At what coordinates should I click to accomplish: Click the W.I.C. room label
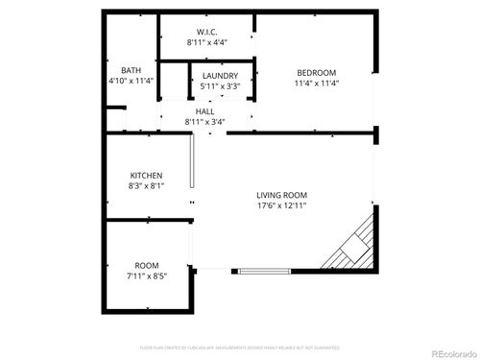(x=206, y=32)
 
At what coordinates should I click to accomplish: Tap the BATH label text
(x=131, y=70)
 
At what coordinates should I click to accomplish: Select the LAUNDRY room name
(x=220, y=76)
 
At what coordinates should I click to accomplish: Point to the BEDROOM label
(x=316, y=73)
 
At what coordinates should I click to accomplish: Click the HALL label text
(x=205, y=111)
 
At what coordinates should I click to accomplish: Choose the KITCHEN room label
(x=146, y=176)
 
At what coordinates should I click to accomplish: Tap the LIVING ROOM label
(x=281, y=195)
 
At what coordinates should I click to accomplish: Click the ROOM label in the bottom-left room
(x=146, y=265)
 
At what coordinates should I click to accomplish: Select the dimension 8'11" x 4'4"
(x=206, y=43)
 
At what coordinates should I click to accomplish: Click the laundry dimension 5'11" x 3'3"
(x=220, y=86)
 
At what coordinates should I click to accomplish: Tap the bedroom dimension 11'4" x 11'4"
(x=316, y=84)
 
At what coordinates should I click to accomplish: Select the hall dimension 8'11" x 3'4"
(x=205, y=122)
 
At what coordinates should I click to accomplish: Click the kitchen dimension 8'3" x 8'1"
(x=146, y=186)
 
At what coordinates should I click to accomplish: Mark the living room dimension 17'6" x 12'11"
(x=281, y=205)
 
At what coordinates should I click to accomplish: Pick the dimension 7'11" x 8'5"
(x=146, y=276)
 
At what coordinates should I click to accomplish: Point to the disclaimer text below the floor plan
(x=239, y=347)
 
